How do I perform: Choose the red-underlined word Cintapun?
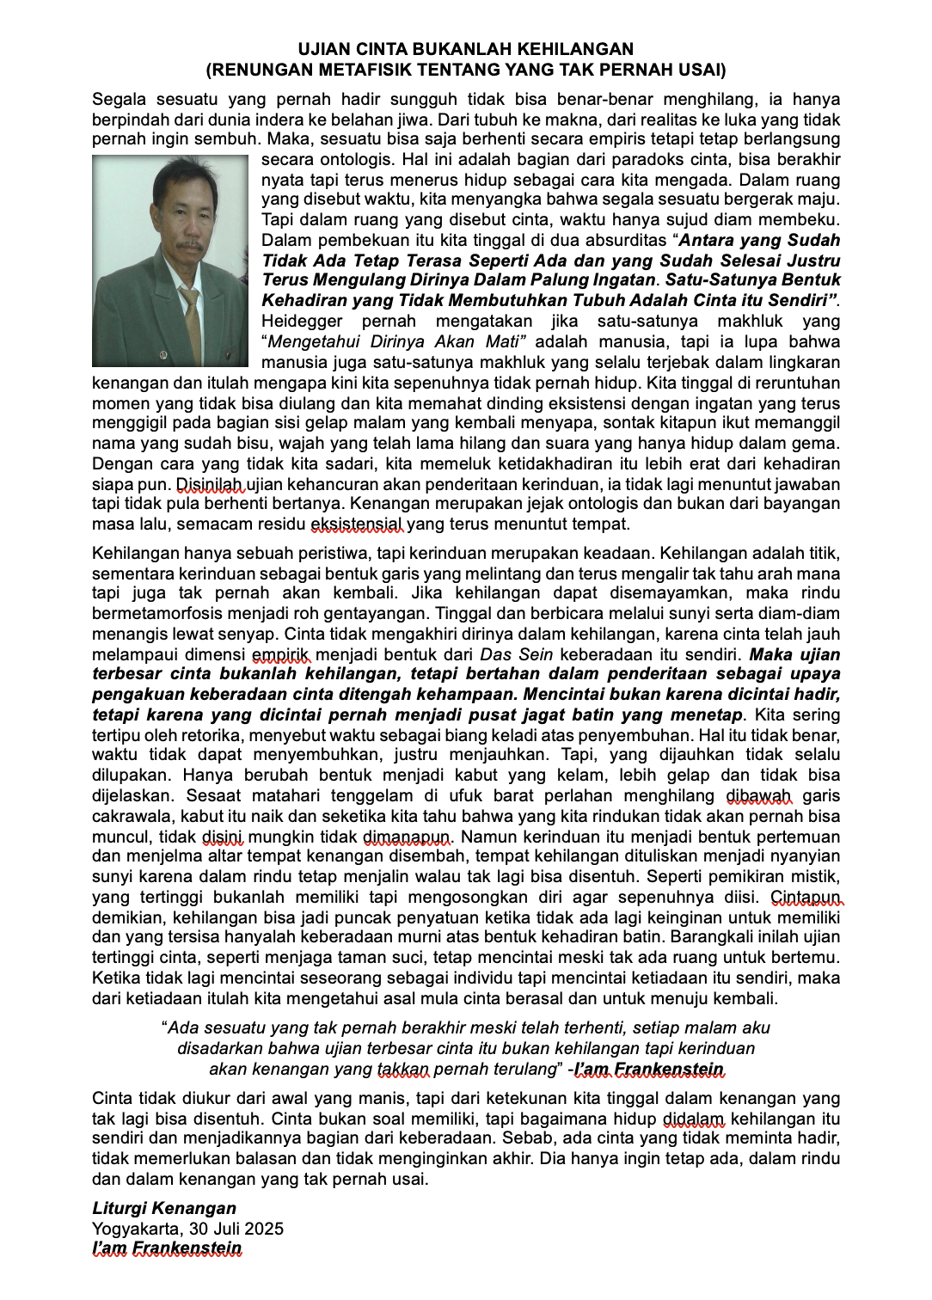pyautogui.click(x=806, y=897)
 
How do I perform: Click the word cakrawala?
pyautogui.click(x=132, y=816)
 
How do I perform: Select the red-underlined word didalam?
pyautogui.click(x=694, y=1119)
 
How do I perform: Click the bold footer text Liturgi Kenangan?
pyautogui.click(x=164, y=1208)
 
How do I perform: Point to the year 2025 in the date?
pyautogui.click(x=262, y=1229)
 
